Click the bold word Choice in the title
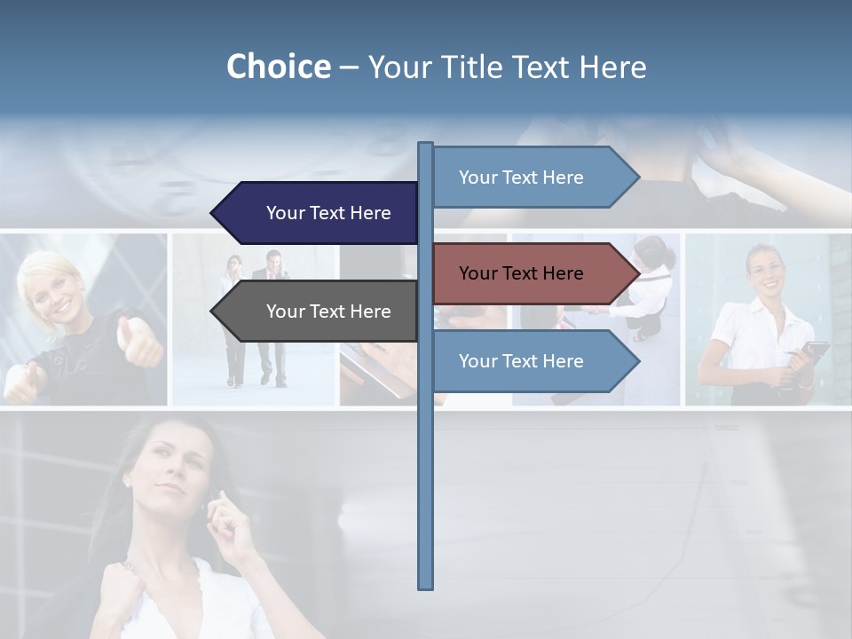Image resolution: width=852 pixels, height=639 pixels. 278,67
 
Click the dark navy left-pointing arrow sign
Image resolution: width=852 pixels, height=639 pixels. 319,213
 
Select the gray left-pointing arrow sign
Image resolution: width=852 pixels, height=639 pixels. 319,312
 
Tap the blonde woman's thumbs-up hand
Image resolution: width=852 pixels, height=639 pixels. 141,341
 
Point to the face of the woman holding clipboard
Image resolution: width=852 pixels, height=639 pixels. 764,272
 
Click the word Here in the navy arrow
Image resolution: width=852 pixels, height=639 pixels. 370,213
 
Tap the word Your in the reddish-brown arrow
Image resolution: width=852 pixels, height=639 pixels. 477,273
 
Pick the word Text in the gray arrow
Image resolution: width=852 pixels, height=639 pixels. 327,312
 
